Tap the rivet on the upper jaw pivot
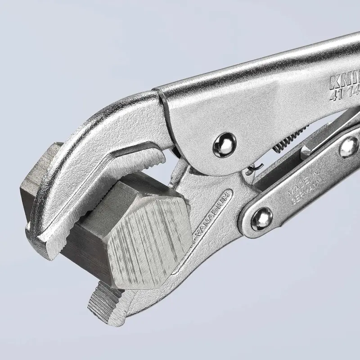pyautogui.click(x=224, y=145)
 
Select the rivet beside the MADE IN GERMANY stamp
pyautogui.click(x=349, y=147)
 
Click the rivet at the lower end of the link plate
pyautogui.click(x=261, y=220)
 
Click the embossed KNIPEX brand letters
pyautogui.click(x=344, y=81)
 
